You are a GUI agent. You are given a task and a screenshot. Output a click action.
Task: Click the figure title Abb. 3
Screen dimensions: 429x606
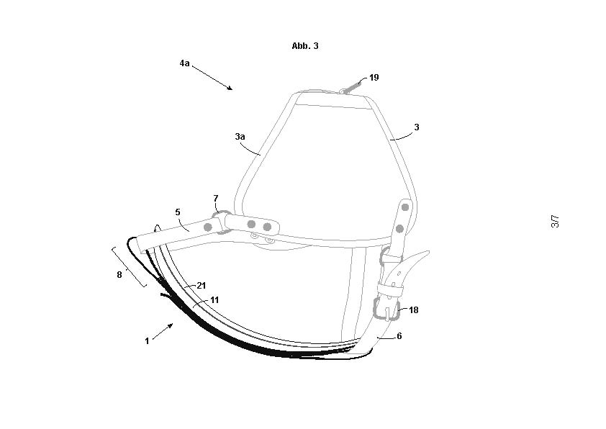[x=305, y=45]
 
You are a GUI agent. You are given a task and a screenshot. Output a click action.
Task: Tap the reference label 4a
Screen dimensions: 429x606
[x=185, y=63]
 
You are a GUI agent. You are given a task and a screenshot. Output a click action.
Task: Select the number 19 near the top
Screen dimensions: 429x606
[x=374, y=77]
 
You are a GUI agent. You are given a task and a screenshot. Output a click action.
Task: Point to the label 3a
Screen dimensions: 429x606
[x=240, y=135]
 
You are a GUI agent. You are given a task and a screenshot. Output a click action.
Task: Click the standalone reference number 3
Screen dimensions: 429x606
[x=416, y=127]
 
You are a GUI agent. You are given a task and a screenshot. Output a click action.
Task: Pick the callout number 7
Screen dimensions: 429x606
[x=215, y=197]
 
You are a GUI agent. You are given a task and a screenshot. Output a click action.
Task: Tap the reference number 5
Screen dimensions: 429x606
[x=178, y=212]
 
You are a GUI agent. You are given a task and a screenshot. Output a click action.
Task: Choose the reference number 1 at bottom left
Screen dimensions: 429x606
[x=147, y=341]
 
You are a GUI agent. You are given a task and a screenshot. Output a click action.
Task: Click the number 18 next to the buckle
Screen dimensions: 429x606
[x=413, y=310]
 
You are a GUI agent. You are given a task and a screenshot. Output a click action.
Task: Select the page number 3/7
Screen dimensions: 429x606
[x=555, y=222]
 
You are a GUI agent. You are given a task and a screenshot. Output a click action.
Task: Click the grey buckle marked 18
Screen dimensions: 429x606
[x=386, y=310]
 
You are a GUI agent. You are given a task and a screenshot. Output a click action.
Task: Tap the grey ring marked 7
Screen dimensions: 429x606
[x=220, y=220]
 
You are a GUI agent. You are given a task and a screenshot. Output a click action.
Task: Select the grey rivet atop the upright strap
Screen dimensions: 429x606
[x=405, y=207]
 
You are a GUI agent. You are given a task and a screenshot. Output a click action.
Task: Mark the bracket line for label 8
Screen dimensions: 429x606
[x=130, y=266]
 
